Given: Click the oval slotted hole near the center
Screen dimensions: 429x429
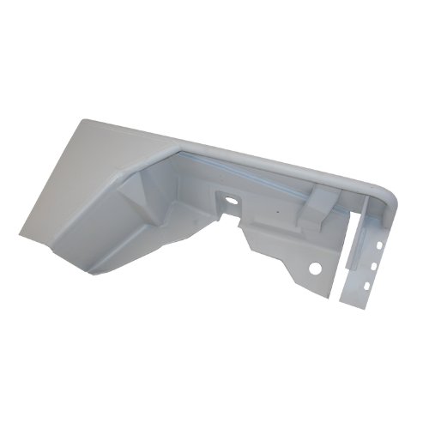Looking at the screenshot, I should pos(231,204).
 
